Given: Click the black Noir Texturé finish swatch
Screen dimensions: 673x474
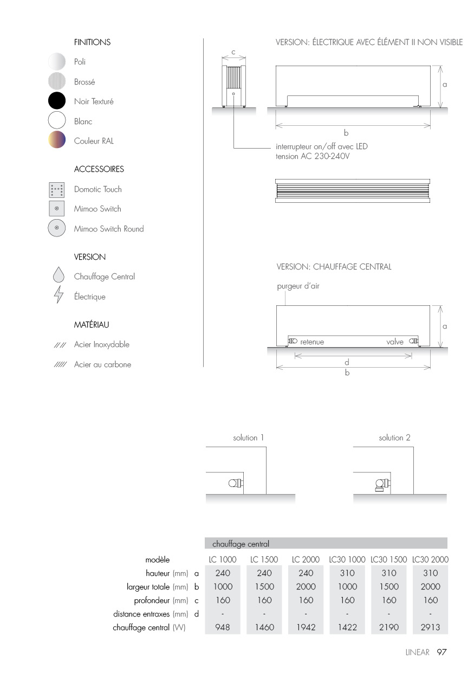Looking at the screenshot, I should tap(57, 101).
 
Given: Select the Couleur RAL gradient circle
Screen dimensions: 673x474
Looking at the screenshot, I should tap(57, 140).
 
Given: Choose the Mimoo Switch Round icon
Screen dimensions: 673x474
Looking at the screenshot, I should tap(57, 228).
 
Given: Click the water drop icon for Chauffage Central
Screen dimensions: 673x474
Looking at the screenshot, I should tap(58, 275).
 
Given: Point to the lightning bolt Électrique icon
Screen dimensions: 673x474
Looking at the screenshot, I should tap(58, 297).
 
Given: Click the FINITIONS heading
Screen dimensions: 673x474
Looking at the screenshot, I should tap(92, 42).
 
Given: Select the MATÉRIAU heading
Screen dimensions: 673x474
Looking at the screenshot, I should tap(92, 325).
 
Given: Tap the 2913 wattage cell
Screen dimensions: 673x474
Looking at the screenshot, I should tap(431, 628).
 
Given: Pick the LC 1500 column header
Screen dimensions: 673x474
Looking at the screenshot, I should tap(264, 559).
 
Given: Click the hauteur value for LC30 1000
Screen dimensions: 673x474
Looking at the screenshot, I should tap(347, 573).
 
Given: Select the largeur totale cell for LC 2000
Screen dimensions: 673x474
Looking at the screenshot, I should tap(306, 586).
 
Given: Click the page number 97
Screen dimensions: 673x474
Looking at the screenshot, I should tap(441, 652).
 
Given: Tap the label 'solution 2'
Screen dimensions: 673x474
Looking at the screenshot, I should tap(391, 438).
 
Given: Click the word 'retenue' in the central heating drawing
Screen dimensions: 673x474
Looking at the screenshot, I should tap(312, 342).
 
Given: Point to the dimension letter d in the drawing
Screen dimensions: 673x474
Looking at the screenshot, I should tap(347, 362).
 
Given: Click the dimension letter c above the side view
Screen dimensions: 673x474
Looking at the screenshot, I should tap(233, 52).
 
